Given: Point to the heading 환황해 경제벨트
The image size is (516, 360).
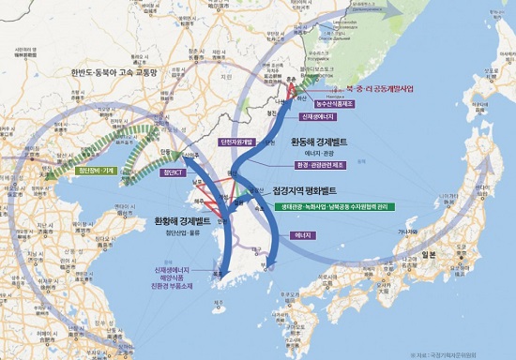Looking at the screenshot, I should click(x=184, y=221).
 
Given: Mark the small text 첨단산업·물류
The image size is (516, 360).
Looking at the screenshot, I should click(x=180, y=235).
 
